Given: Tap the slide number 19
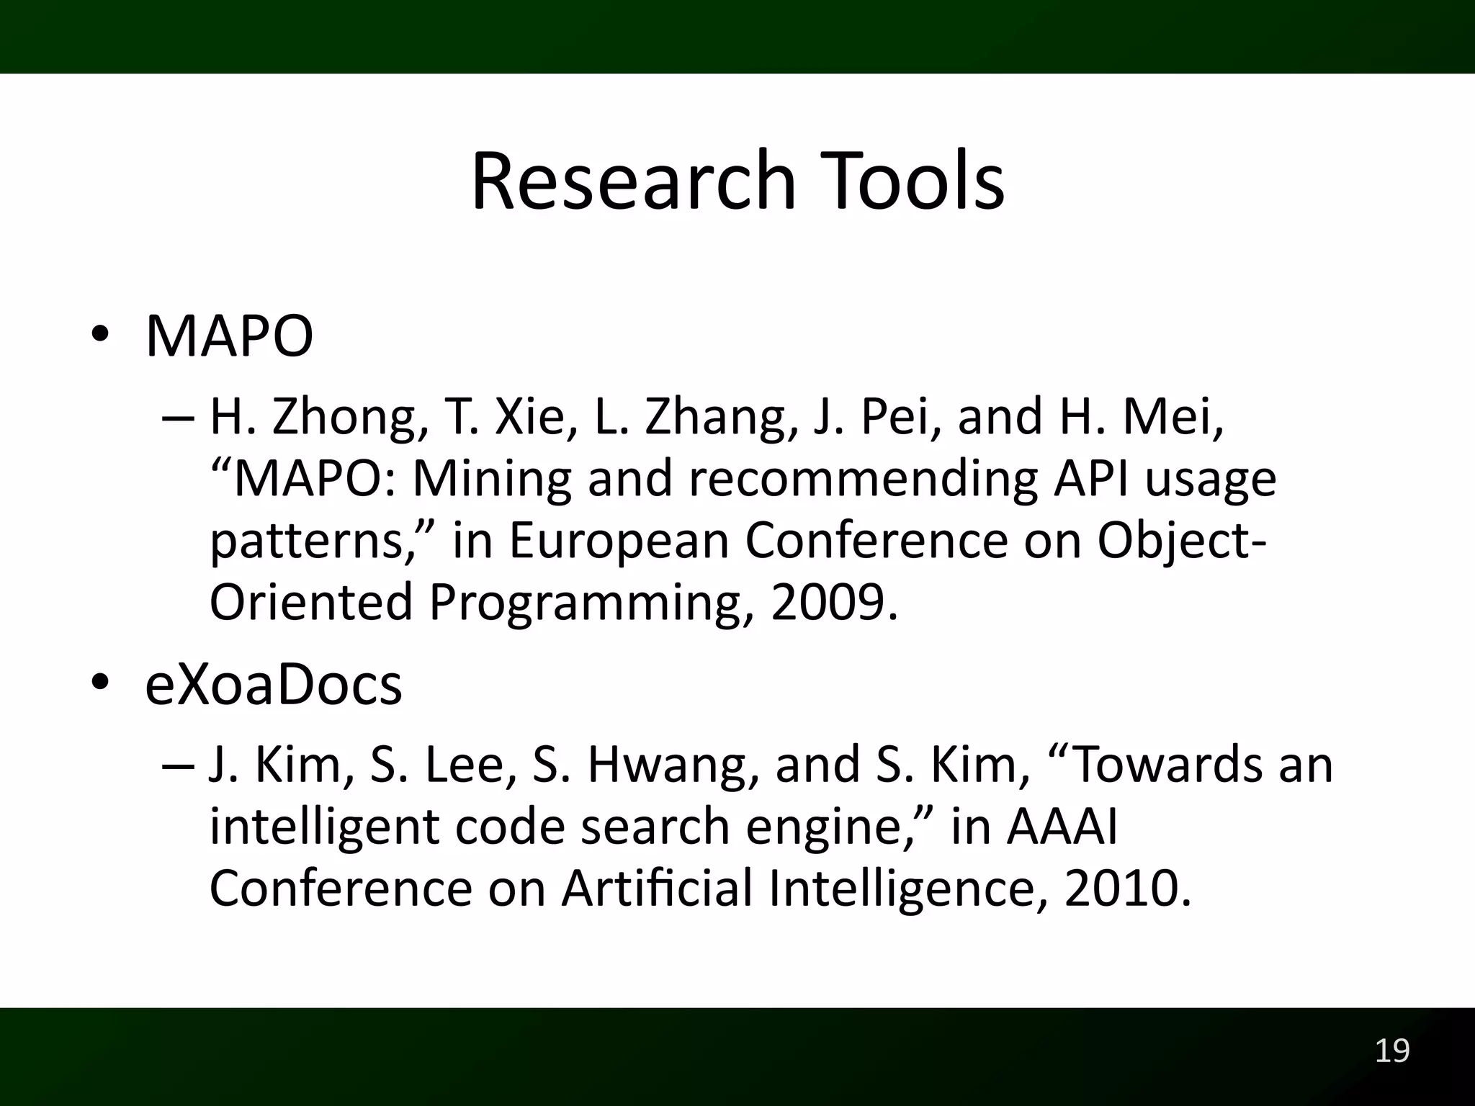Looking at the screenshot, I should [1392, 1051].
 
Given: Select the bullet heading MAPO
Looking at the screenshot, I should [229, 336].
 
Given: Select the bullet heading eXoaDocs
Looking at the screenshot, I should [274, 685].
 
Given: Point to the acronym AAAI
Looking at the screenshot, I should [1062, 827].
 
